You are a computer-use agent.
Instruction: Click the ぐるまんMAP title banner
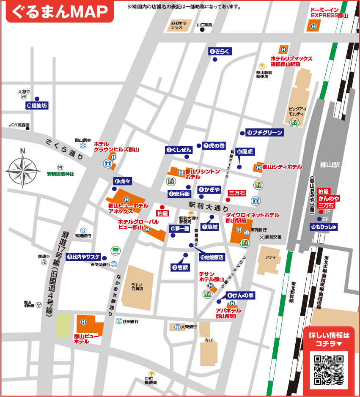click(x=60, y=12)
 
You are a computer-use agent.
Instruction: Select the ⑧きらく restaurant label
click(x=220, y=51)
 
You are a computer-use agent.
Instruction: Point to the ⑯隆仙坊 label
click(x=37, y=106)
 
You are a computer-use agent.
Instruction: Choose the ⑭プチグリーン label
click(x=265, y=133)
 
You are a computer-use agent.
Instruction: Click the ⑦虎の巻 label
click(x=214, y=146)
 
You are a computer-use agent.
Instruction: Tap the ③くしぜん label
click(x=179, y=150)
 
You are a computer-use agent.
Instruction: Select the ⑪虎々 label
click(x=123, y=181)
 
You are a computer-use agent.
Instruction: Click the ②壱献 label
click(x=181, y=267)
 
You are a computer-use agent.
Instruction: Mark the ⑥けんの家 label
click(x=240, y=296)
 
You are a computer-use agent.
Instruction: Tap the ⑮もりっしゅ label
click(x=324, y=227)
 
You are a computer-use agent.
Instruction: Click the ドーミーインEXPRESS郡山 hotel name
click(x=329, y=13)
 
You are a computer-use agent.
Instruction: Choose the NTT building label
click(x=209, y=340)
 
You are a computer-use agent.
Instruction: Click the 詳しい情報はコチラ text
click(x=329, y=339)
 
